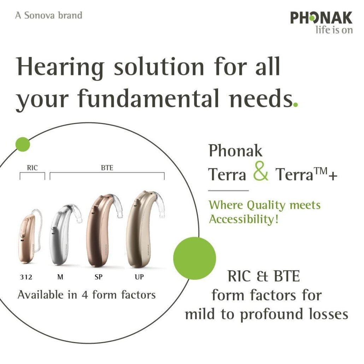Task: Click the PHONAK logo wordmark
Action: click(321, 18)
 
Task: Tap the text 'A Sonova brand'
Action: click(49, 15)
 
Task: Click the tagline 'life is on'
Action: click(334, 30)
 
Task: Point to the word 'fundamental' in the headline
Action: click(148, 98)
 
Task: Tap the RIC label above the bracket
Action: click(32, 168)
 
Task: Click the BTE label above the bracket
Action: click(107, 168)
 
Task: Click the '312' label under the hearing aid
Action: click(26, 277)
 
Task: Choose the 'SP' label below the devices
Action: click(99, 277)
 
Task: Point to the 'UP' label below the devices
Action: click(139, 277)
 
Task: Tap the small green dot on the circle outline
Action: click(23, 145)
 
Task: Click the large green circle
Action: click(194, 258)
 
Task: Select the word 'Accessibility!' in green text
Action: click(243, 219)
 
